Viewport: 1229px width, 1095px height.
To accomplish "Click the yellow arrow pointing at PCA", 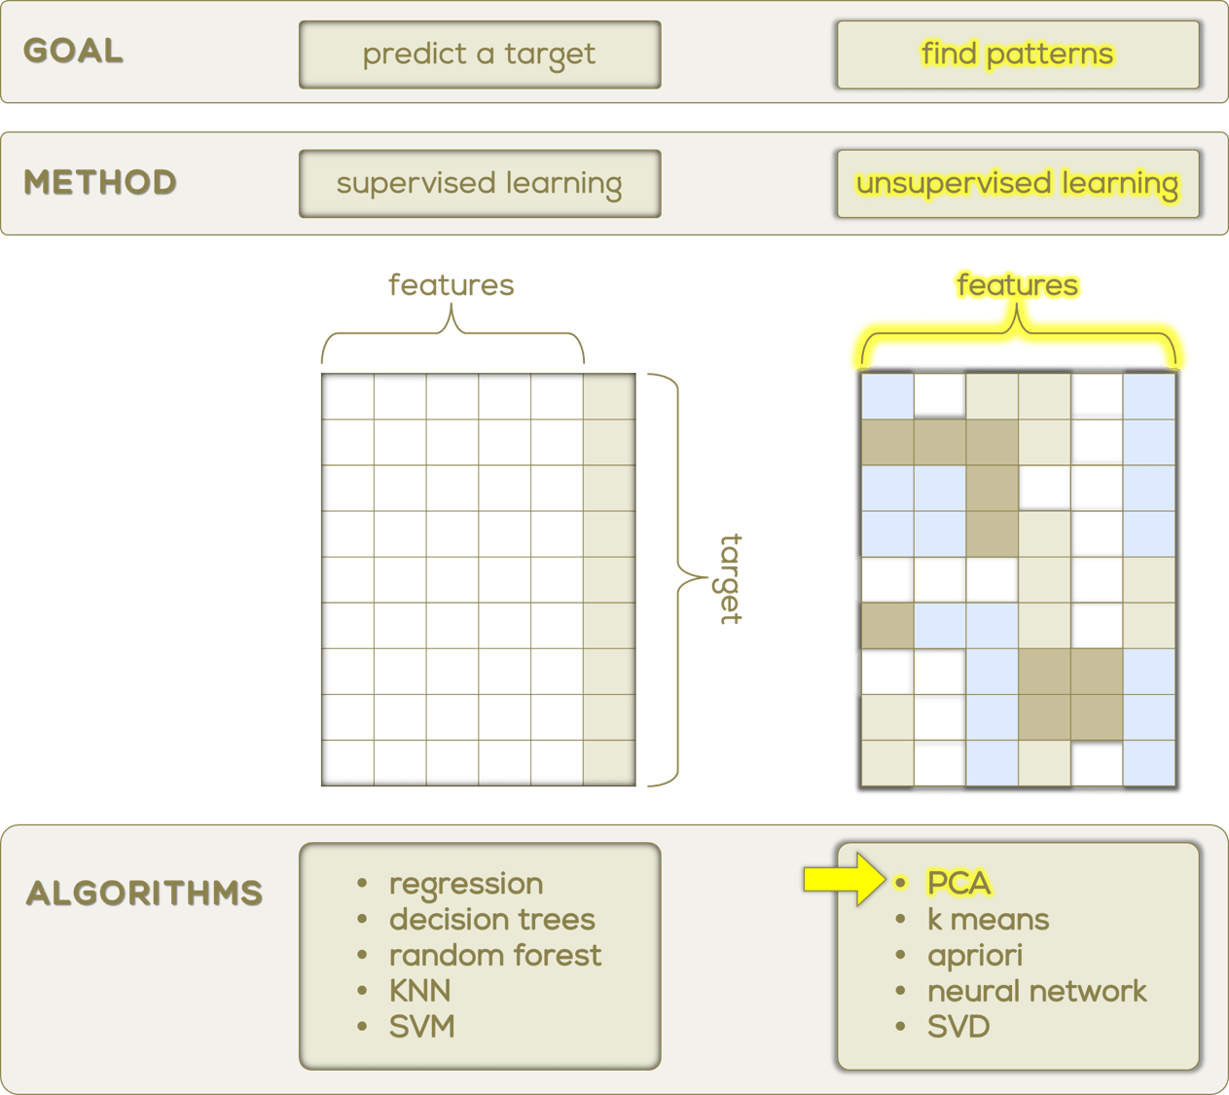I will click(x=843, y=880).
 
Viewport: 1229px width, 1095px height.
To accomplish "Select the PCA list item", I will click(x=958, y=883).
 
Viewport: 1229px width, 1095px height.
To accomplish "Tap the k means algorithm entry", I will click(x=988, y=919).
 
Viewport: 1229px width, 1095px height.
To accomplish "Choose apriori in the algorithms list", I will click(x=974, y=955).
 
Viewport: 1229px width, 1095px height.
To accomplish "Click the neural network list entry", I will click(x=1036, y=991).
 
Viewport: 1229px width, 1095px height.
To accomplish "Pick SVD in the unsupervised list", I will click(x=958, y=1027).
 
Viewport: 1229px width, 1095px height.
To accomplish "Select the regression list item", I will click(x=466, y=884).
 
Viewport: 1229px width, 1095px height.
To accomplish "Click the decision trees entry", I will click(x=491, y=919).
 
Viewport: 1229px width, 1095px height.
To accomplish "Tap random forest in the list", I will click(x=495, y=955).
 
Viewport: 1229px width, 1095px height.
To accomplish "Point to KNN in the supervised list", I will click(x=419, y=991).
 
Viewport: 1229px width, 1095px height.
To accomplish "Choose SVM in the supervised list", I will click(x=421, y=1027).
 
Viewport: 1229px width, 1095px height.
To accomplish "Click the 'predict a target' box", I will click(x=479, y=55).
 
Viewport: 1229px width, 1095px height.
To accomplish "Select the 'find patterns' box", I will click(x=1017, y=55).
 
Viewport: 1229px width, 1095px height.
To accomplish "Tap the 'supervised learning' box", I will click(x=479, y=183).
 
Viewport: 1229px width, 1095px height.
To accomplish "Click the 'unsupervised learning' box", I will click(x=1017, y=183).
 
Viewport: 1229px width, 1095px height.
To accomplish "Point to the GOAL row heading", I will click(x=74, y=52).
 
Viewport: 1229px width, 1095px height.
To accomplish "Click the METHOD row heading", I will click(x=100, y=183).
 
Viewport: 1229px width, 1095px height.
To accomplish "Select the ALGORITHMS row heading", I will click(x=144, y=894).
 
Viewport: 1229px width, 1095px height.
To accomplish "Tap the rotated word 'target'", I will click(x=730, y=579).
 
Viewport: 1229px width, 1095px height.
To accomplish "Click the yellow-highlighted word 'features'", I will click(x=1017, y=285).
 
